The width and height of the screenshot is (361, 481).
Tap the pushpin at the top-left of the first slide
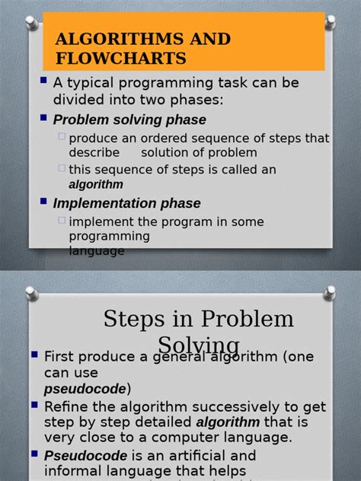click(x=30, y=21)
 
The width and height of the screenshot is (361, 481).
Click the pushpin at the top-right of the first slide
click(x=330, y=21)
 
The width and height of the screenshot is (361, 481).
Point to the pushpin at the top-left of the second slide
click(x=30, y=293)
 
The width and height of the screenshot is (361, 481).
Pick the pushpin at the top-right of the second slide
click(x=330, y=293)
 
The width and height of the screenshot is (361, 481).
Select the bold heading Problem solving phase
click(x=129, y=119)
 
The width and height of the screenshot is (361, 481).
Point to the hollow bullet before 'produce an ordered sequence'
click(x=62, y=137)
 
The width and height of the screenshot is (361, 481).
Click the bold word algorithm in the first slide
click(x=96, y=184)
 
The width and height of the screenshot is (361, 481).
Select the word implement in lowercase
click(x=101, y=221)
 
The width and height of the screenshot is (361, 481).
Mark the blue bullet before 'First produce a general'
click(x=34, y=355)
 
